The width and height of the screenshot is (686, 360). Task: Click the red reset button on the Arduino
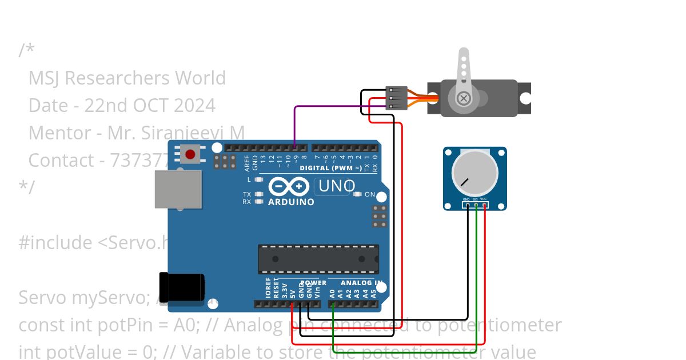190,153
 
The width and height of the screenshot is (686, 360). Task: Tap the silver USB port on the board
178,189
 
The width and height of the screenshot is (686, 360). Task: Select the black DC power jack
182,287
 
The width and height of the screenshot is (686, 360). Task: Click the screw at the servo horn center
464,99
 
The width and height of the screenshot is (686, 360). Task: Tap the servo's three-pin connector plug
396,98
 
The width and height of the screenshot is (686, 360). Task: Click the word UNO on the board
337,186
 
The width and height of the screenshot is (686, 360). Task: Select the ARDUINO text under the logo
291,202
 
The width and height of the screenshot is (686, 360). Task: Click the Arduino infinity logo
289,187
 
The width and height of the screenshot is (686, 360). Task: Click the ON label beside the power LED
370,194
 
